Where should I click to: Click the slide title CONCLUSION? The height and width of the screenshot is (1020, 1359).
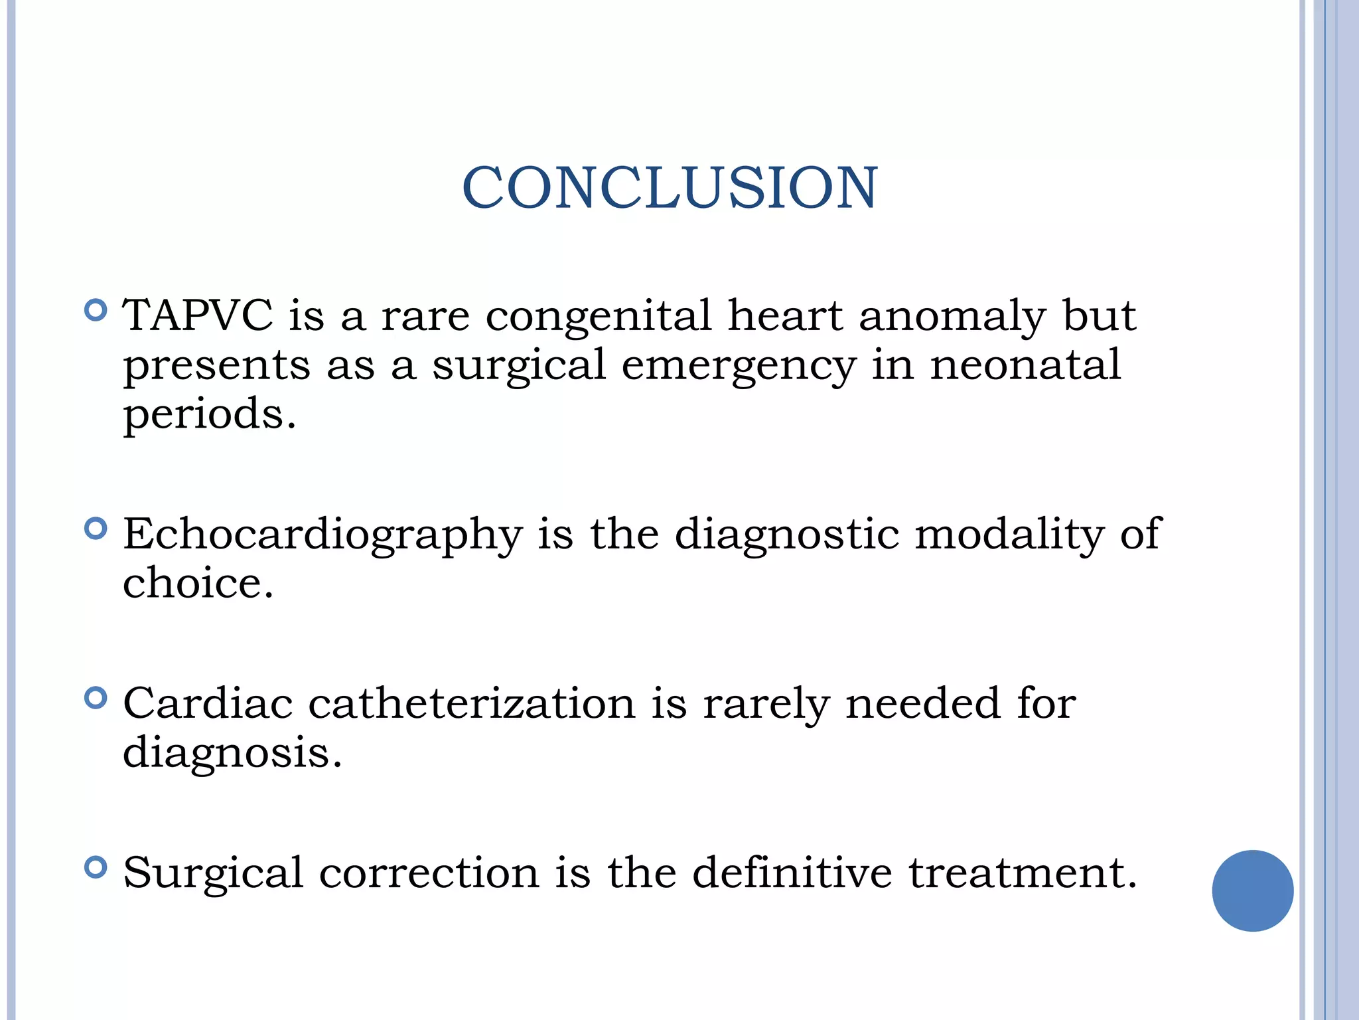click(x=670, y=188)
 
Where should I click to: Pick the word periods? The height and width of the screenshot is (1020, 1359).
click(x=209, y=415)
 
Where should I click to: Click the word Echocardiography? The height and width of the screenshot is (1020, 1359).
click(x=322, y=535)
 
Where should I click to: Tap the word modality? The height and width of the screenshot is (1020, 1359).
click(x=1009, y=535)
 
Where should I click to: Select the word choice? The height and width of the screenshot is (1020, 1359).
click(x=198, y=583)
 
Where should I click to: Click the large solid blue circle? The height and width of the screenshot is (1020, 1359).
click(x=1252, y=891)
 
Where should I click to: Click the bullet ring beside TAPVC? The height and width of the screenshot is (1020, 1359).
click(x=96, y=310)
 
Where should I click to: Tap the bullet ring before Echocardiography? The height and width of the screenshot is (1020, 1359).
click(x=96, y=529)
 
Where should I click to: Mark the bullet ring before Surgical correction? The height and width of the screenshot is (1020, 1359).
click(x=96, y=867)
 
